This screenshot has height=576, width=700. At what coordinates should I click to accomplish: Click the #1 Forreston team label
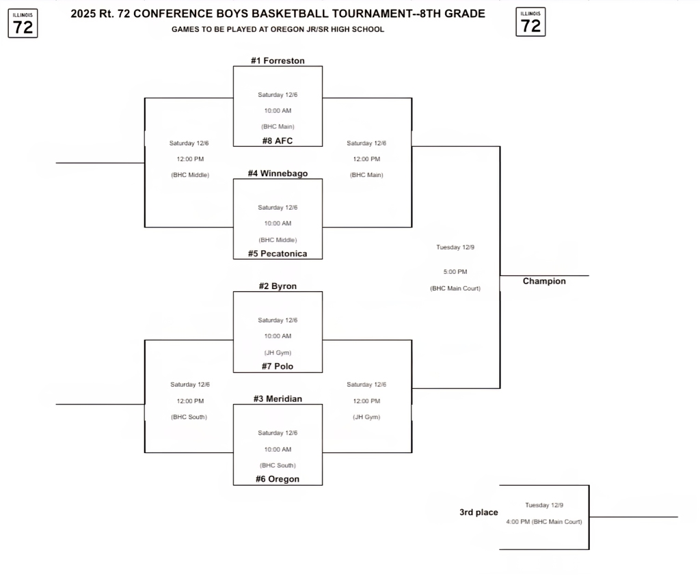pos(278,61)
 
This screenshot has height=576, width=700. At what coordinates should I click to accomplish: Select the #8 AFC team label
pos(278,141)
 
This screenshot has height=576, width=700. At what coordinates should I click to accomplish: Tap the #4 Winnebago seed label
pos(278,174)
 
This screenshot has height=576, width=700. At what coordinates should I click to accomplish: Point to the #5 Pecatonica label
pos(278,253)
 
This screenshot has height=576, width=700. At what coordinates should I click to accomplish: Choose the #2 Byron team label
pos(278,286)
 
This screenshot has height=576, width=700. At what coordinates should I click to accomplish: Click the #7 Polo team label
pos(278,366)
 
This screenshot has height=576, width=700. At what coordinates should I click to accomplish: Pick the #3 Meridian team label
pos(278,399)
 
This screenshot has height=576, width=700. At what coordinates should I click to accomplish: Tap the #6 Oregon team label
pos(278,479)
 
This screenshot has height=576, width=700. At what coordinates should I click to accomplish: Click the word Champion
pos(544,281)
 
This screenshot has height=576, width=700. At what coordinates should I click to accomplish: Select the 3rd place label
pos(479,512)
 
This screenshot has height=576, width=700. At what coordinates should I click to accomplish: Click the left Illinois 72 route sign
pos(23,23)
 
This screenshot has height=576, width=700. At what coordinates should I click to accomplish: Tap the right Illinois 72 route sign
pos(530,23)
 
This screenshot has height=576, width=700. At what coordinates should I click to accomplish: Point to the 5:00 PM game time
pos(455,272)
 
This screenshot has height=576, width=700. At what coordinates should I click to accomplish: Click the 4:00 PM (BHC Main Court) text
pos(544,522)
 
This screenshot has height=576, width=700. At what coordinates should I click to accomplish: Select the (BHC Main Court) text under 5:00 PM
pos(455,288)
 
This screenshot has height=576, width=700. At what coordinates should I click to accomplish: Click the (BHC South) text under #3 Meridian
pos(278,465)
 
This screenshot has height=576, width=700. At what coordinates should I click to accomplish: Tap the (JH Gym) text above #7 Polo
pos(278,353)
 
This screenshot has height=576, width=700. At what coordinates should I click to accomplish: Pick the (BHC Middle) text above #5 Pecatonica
pos(278,240)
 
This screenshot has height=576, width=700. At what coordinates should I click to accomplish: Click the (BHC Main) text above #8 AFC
pos(278,126)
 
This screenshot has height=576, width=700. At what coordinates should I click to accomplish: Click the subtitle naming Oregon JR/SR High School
pos(278,29)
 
